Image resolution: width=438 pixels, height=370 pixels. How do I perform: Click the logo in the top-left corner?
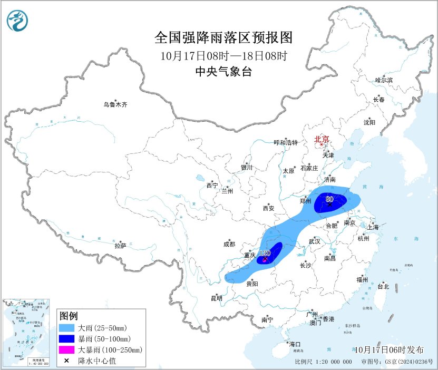pos(17,21)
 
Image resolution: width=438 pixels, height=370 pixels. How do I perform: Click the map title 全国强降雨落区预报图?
pos(223,38)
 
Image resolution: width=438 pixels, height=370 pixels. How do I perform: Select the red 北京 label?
pos(322,140)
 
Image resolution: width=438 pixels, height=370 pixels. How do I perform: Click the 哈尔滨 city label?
pos(384,80)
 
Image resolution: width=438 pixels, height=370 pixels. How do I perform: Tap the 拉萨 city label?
pos(120,246)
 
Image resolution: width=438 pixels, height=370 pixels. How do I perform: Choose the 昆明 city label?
pos(217,298)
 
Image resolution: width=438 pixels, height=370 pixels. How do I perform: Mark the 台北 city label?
pos(383,287)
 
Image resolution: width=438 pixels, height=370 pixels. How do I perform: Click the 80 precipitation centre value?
pos(329,199)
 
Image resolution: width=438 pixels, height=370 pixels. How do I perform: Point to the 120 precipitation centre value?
pos(265,254)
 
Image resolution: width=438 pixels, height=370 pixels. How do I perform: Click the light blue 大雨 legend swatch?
pos(67,328)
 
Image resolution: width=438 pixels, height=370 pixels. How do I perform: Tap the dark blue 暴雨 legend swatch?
pos(67,338)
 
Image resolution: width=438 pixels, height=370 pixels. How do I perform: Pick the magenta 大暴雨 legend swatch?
pos(67,349)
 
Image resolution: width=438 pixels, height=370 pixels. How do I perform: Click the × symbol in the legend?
pos(67,361)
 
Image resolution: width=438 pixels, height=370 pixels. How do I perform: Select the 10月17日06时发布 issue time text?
pos(389,350)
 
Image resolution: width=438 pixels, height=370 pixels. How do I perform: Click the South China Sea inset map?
pos(26,333)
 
